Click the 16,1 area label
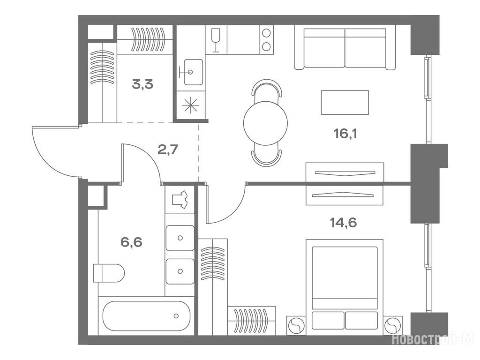[x=345, y=134]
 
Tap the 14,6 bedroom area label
[x=343, y=223]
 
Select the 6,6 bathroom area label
[x=131, y=242]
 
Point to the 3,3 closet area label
[x=142, y=84]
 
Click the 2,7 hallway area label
[x=168, y=150]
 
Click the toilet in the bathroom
[x=109, y=273]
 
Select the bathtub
[x=147, y=316]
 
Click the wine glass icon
[x=216, y=40]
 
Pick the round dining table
[x=265, y=123]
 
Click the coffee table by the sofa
[x=345, y=102]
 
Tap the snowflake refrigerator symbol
[x=190, y=105]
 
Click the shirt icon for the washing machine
[x=180, y=200]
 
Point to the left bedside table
[x=296, y=325]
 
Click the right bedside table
[x=393, y=325]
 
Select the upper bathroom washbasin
[x=180, y=238]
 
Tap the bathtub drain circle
[x=176, y=316]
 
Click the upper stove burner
[x=266, y=33]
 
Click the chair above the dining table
[x=266, y=88]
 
